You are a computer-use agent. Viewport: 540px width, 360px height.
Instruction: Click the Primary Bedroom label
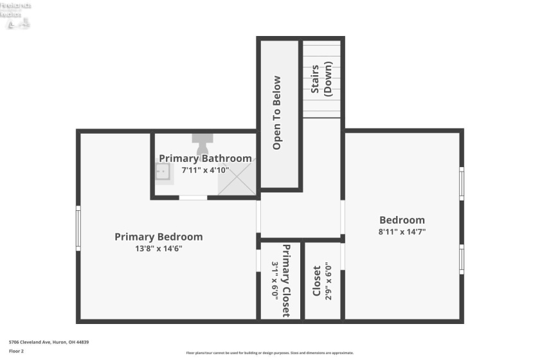click(x=158, y=237)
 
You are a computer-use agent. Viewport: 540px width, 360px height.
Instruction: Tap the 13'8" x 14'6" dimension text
click(x=158, y=248)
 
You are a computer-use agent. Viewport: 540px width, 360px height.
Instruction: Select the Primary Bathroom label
click(x=205, y=158)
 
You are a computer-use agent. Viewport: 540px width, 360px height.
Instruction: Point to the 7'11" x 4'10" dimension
click(x=205, y=170)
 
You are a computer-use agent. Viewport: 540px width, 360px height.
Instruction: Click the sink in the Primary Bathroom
click(x=163, y=171)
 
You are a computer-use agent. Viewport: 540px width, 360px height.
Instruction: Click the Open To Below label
click(x=277, y=113)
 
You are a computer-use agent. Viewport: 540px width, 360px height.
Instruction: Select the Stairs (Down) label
click(x=321, y=78)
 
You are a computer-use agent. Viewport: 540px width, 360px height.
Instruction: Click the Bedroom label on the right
click(x=402, y=220)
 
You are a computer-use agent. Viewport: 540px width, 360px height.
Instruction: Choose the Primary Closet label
click(x=285, y=281)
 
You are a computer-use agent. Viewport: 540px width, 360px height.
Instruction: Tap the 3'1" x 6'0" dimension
click(x=274, y=281)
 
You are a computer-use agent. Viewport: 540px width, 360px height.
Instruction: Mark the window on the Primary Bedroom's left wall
click(x=78, y=228)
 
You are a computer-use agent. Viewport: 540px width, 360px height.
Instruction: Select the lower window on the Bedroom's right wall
click(x=461, y=258)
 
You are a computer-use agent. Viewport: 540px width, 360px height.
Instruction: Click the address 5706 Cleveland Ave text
click(x=49, y=342)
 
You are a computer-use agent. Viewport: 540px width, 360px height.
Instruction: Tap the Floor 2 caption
click(x=17, y=351)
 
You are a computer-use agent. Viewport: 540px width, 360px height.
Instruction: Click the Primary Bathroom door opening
click(x=193, y=197)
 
